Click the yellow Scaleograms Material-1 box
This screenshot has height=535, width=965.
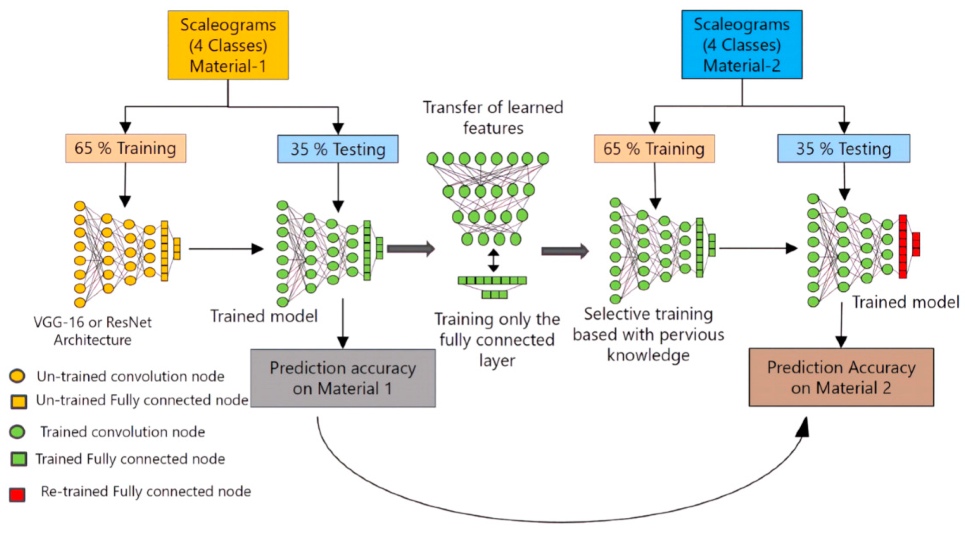(x=228, y=45)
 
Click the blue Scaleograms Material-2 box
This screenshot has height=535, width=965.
(x=742, y=45)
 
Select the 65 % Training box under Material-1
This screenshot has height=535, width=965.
(x=125, y=148)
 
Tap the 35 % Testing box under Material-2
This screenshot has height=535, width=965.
(x=844, y=148)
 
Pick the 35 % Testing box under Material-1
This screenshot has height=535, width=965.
(x=338, y=149)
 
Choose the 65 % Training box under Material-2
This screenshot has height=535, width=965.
(x=654, y=148)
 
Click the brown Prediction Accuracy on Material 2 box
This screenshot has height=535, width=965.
(x=841, y=377)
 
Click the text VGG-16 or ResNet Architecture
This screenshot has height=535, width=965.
(x=92, y=331)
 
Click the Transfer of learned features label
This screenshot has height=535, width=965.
(x=493, y=118)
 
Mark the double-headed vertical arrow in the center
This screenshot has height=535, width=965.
(x=493, y=260)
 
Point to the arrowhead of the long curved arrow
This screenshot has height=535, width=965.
(x=802, y=427)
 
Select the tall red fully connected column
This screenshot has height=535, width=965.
(x=903, y=246)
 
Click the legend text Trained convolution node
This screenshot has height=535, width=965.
(x=123, y=432)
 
